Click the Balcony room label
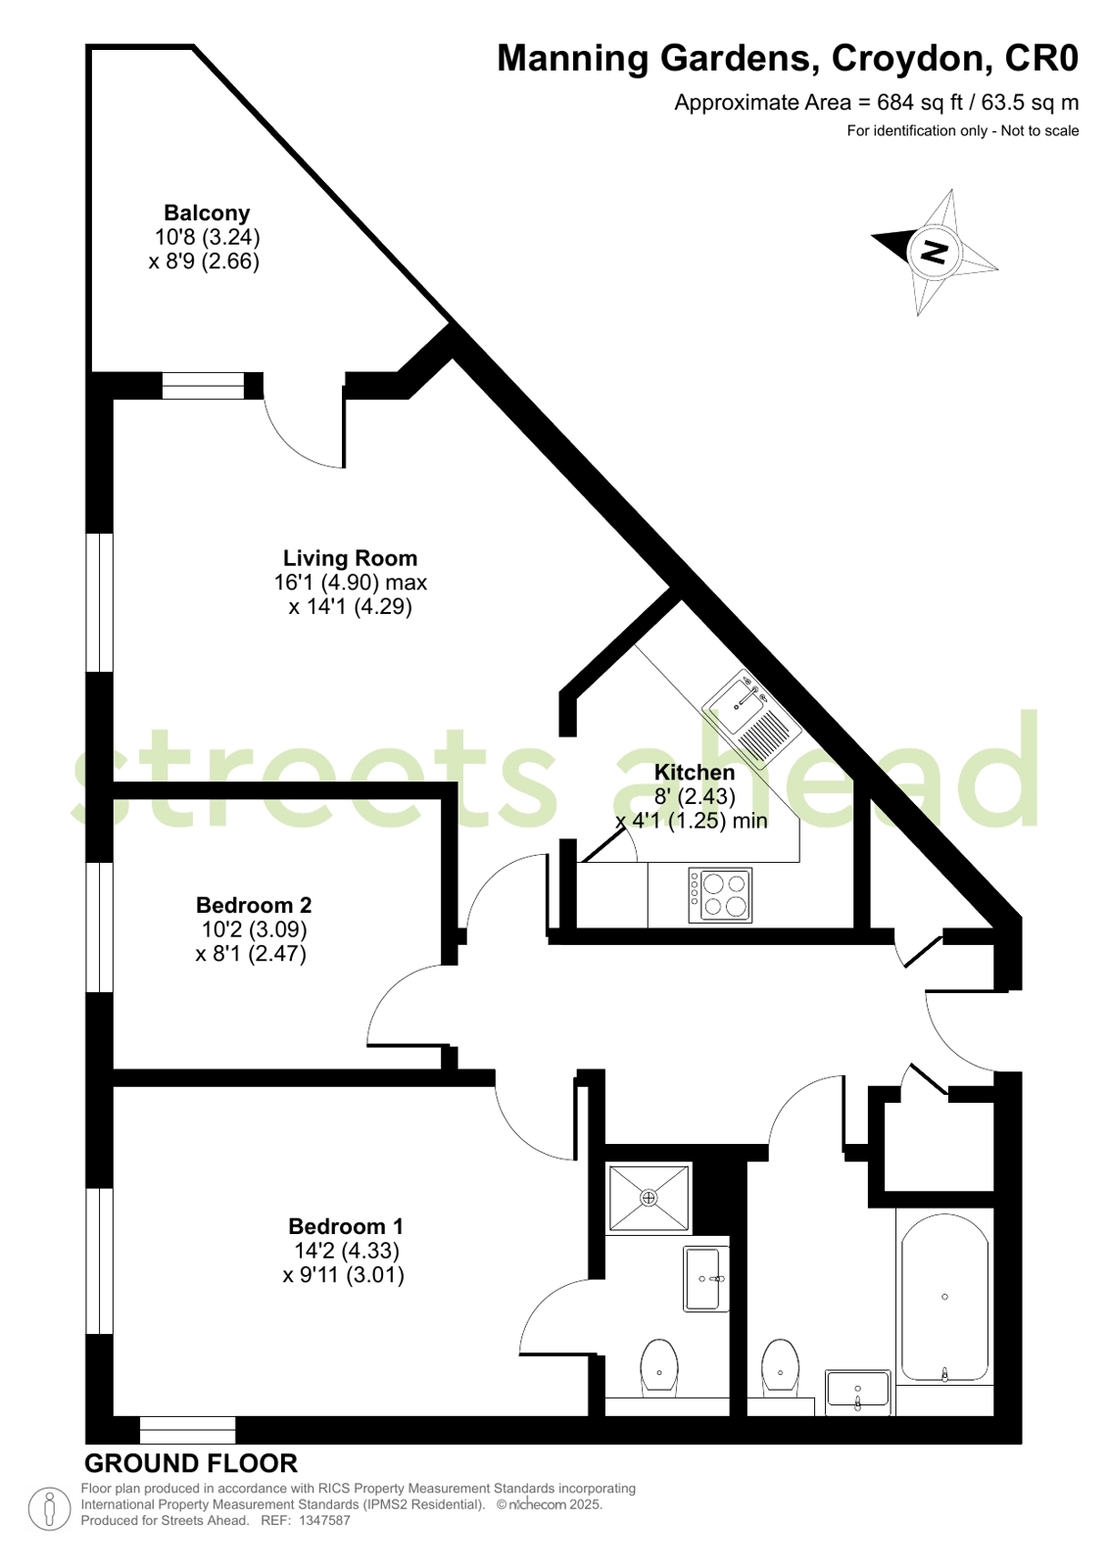pyautogui.click(x=207, y=213)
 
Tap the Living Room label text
pyautogui.click(x=350, y=558)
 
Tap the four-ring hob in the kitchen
pyautogui.click(x=720, y=895)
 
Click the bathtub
pyautogui.click(x=944, y=1302)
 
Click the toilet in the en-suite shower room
pyautogui.click(x=659, y=1364)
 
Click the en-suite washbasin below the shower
pyautogui.click(x=705, y=1278)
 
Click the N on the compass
pyautogui.click(x=934, y=251)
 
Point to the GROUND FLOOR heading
pyautogui.click(x=191, y=1463)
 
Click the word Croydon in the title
pyautogui.click(x=910, y=59)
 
